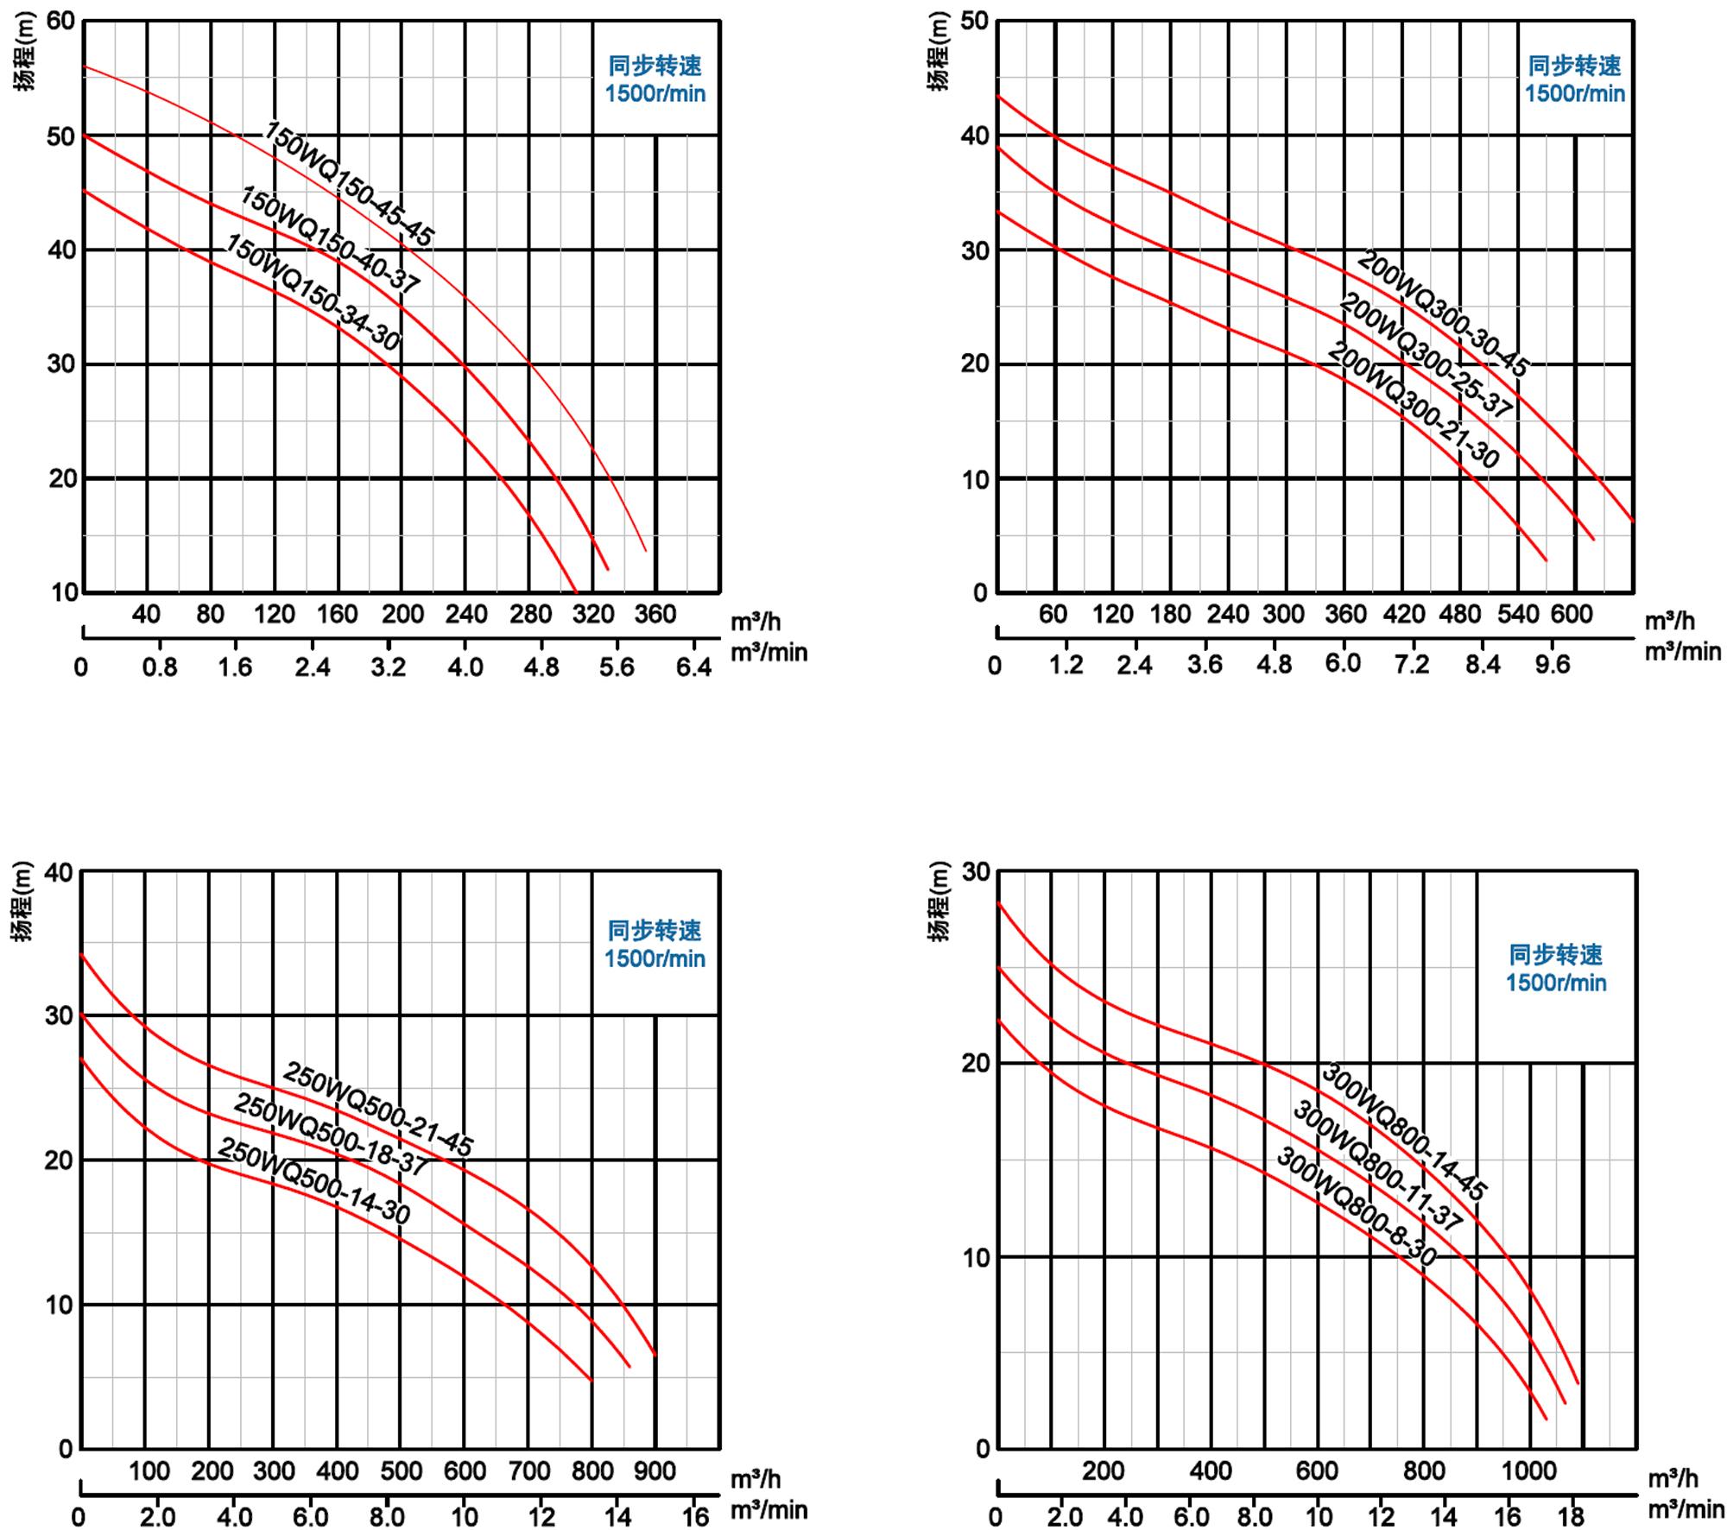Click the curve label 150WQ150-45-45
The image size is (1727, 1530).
coord(348,183)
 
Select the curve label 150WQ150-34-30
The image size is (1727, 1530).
coord(313,292)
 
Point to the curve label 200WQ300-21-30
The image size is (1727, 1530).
coord(1413,404)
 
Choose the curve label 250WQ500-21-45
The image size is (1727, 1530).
coord(378,1109)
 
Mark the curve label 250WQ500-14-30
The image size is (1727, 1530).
coord(313,1179)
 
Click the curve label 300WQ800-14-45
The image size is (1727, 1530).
coord(1403,1131)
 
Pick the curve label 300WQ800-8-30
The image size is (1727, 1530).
coord(1356,1205)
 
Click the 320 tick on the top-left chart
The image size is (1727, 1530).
coord(593,615)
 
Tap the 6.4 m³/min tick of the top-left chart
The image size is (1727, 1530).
coord(693,667)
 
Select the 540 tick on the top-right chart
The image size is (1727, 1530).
coord(1517,615)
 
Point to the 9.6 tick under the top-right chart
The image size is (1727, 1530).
coord(1552,665)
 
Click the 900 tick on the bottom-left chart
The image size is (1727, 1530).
coord(655,1471)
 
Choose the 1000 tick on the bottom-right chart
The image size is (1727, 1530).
coord(1528,1471)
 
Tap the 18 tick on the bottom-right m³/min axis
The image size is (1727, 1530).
coord(1571,1517)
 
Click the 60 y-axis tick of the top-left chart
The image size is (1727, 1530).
coord(60,21)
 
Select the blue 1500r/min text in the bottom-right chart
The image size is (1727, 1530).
coord(1555,983)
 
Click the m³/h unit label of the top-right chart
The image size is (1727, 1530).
coord(1669,621)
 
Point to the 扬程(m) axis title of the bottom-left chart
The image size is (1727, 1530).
coord(22,901)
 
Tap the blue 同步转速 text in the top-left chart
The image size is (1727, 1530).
coord(655,66)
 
